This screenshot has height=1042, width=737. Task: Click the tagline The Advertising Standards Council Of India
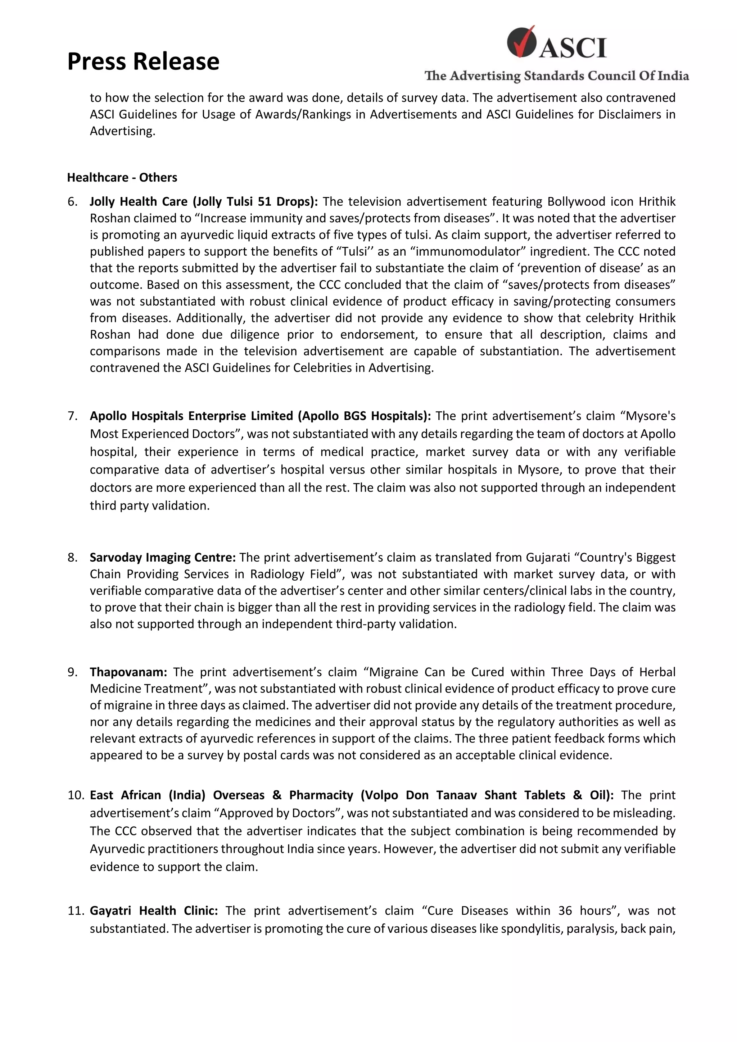[x=556, y=76]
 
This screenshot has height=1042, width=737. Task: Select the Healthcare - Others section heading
[x=122, y=178]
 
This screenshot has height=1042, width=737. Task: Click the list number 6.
[x=72, y=201]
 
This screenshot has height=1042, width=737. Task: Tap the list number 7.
[x=72, y=416]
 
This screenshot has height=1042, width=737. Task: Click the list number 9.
[x=72, y=672]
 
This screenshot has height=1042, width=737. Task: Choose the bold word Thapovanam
[x=128, y=672]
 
